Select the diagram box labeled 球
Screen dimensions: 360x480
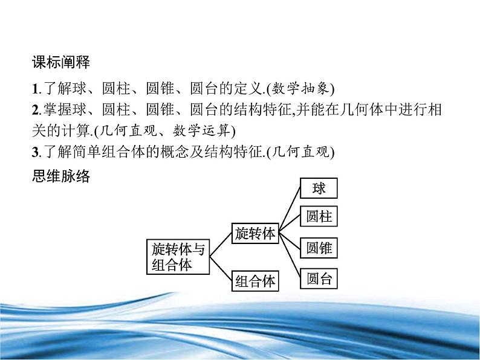coord(319,188)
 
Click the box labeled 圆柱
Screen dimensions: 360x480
coord(319,217)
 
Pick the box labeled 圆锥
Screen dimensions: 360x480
coord(319,248)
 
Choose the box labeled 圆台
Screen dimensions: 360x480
coord(319,278)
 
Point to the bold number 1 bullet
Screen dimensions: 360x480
coord(34,89)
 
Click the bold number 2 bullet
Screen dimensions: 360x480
coord(34,110)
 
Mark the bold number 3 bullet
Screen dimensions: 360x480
coord(34,153)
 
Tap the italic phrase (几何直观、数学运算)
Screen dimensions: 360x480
coord(175,131)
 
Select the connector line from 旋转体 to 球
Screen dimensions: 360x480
coord(290,209)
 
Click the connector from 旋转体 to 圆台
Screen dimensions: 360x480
coord(290,257)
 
